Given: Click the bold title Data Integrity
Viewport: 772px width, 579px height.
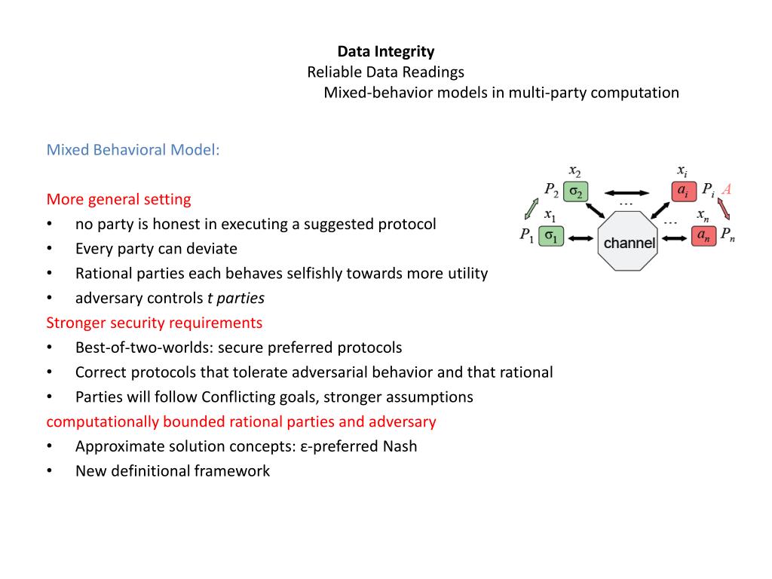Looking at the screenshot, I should (385, 52).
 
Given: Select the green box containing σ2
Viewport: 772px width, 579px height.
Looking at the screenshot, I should (574, 192).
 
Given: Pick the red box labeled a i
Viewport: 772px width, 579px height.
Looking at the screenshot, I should (682, 191).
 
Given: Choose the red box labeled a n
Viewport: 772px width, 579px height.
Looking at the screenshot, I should (703, 236).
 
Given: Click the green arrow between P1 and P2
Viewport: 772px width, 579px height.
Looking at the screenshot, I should (531, 208).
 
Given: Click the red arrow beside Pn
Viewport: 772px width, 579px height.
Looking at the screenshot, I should (725, 208).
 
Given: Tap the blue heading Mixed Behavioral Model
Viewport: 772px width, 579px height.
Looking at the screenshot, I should (133, 149).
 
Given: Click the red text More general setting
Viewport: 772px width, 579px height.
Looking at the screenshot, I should (118, 199).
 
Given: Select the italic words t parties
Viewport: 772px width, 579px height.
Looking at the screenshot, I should (235, 298).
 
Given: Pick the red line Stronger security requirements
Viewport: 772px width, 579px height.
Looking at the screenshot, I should (155, 323).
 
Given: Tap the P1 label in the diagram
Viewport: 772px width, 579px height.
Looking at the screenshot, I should (526, 235).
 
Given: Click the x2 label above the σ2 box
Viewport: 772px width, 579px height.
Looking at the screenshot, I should (574, 170).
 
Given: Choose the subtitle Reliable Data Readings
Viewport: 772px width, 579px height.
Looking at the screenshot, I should (385, 72).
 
